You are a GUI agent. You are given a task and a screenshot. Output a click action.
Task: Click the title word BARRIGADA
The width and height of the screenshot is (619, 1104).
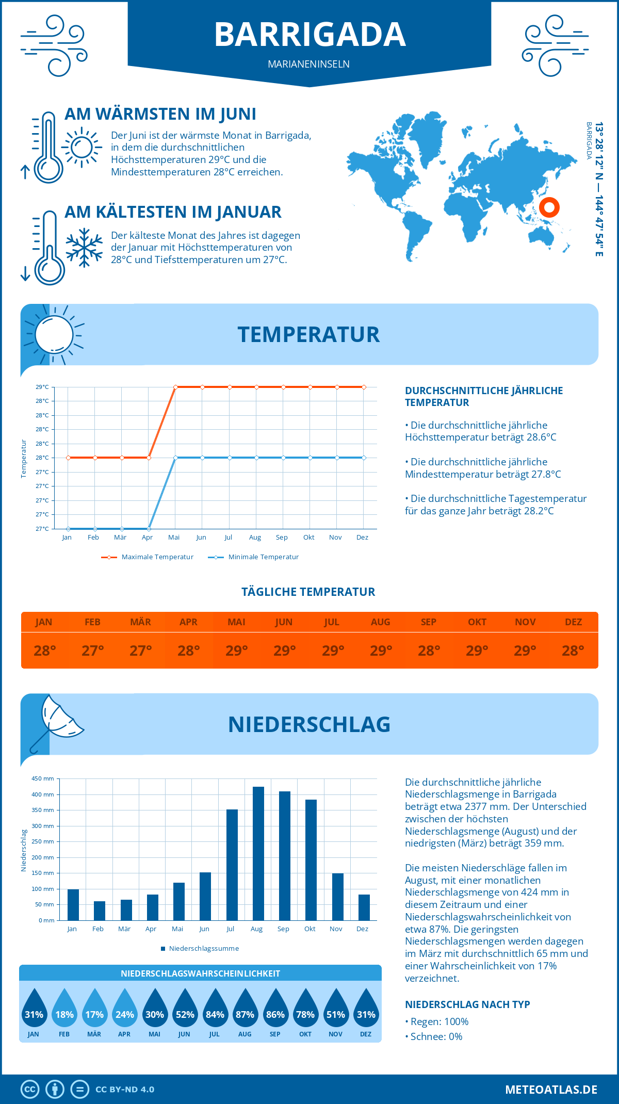click(x=309, y=35)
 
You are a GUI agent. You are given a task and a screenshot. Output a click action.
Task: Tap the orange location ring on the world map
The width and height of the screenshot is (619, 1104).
click(x=549, y=207)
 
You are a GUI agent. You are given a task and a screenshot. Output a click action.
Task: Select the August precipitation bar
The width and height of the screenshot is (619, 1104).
click(x=258, y=853)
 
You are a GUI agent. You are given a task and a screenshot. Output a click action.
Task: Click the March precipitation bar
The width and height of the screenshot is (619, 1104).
click(x=126, y=910)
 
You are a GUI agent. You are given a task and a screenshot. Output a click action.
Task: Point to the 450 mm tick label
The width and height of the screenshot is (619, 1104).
click(x=43, y=778)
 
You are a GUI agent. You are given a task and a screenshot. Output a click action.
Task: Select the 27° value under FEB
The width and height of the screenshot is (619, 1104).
click(x=93, y=651)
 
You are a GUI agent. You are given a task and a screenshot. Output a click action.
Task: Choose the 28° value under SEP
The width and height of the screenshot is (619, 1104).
click(x=429, y=651)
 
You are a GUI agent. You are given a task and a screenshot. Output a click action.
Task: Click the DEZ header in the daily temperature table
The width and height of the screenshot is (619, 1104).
click(x=573, y=622)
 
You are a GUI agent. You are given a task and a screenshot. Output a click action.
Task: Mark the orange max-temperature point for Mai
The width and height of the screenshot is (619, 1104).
click(x=176, y=387)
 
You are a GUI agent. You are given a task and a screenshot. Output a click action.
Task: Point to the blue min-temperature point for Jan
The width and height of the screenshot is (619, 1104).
click(x=68, y=529)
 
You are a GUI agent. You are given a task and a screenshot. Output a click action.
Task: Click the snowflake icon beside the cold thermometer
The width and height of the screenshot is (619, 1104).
click(x=84, y=248)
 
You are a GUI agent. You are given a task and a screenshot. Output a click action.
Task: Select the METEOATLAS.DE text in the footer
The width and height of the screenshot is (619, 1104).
click(x=551, y=1090)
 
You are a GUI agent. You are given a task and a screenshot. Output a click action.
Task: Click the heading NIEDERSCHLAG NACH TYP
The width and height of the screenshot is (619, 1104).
click(x=467, y=1004)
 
